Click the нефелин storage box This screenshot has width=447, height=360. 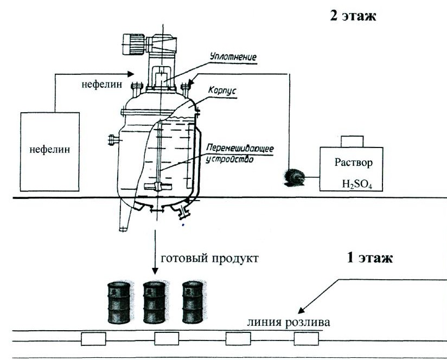pos(50,151)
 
